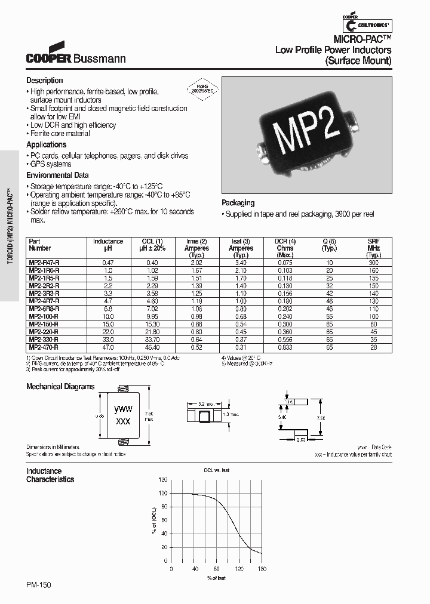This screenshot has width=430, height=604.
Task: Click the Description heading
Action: pyautogui.click(x=44, y=81)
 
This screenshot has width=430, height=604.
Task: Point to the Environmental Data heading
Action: pyautogui.click(x=57, y=175)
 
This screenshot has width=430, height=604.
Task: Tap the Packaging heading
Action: pyautogui.click(x=238, y=203)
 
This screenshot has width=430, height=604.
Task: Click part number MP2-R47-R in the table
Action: pyautogui.click(x=44, y=263)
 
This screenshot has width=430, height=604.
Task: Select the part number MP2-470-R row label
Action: pyautogui.click(x=44, y=347)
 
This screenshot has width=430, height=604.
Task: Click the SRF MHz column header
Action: pyautogui.click(x=374, y=245)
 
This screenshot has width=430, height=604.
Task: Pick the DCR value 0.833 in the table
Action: pyautogui.click(x=284, y=347)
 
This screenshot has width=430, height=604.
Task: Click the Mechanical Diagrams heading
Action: pyautogui.click(x=60, y=387)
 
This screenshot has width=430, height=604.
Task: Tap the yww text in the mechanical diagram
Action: pyautogui.click(x=123, y=409)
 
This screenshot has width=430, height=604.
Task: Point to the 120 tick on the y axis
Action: pyautogui.click(x=163, y=479)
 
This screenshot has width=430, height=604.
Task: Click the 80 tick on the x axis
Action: pyautogui.click(x=216, y=569)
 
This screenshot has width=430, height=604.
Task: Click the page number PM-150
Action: pyautogui.click(x=39, y=587)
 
